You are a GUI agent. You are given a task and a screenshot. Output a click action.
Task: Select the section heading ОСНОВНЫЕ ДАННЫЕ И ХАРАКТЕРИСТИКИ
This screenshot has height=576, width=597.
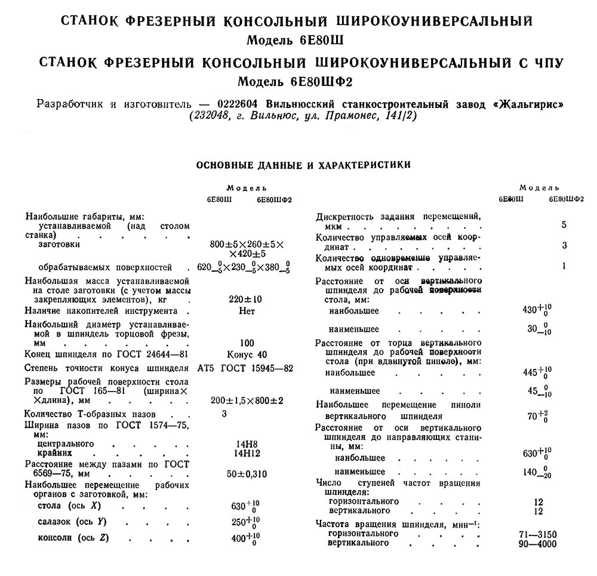click(303, 164)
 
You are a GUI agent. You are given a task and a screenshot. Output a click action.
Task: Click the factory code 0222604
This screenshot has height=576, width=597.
click(239, 103)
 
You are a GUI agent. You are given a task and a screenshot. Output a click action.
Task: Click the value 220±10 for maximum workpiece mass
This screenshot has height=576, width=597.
click(245, 299)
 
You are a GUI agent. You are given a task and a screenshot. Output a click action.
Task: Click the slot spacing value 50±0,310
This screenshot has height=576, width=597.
click(245, 475)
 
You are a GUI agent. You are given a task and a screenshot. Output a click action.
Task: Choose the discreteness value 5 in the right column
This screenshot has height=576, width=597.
click(564, 225)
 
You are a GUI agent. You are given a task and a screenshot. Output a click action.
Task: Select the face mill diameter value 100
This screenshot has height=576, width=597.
click(245, 343)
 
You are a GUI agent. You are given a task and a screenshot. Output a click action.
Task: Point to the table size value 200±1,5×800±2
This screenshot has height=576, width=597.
click(247, 400)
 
